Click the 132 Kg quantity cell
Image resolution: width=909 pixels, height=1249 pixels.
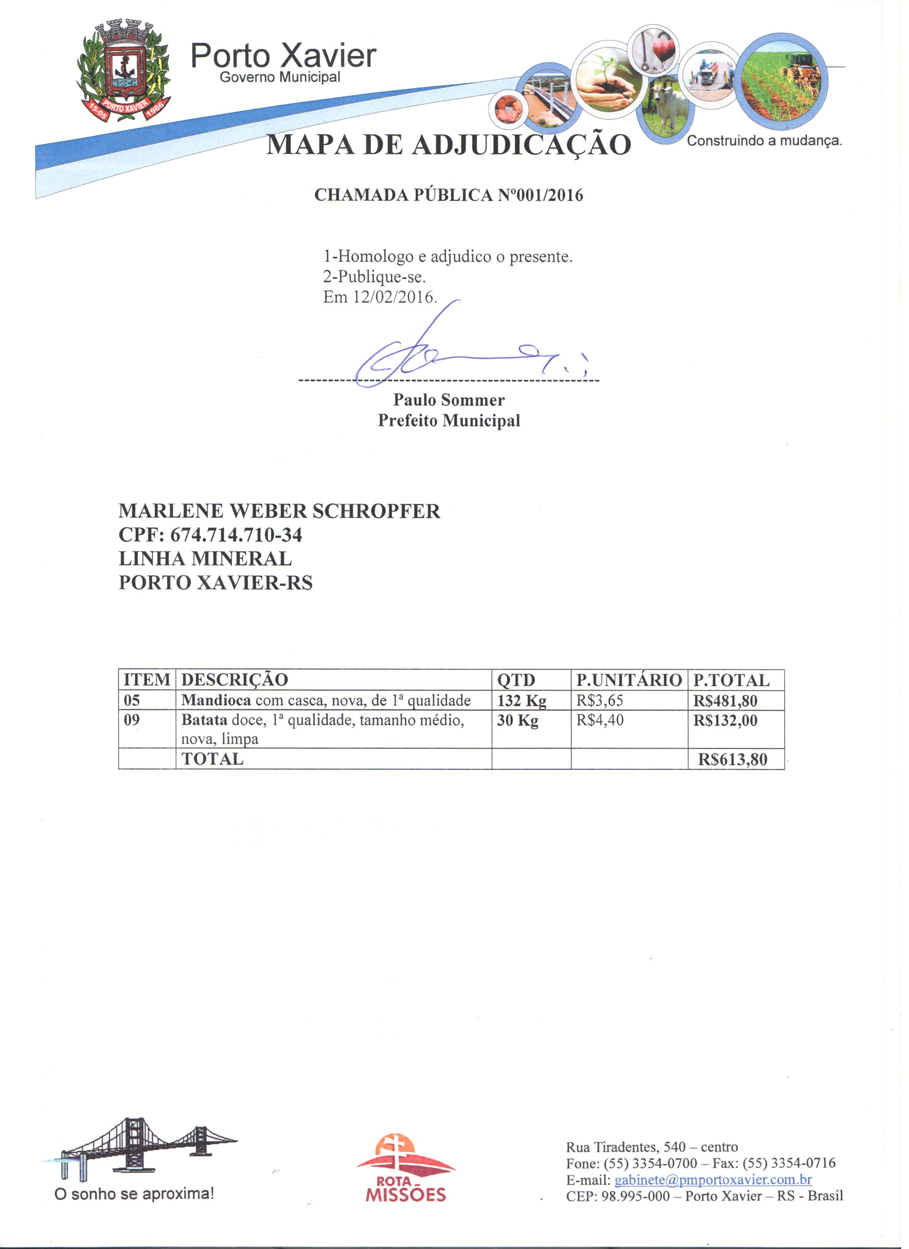pos(521,701)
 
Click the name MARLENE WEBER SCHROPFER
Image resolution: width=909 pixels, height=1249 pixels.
pos(279,511)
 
